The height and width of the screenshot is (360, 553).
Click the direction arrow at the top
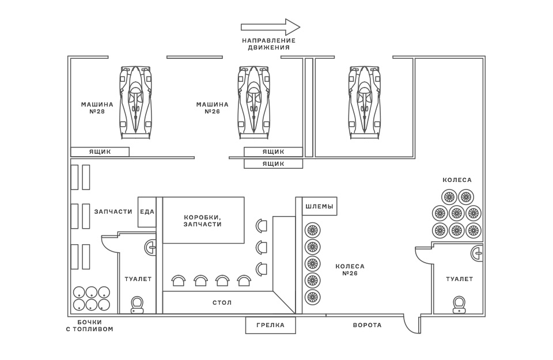click(x=270, y=26)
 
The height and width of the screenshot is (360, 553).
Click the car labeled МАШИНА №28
click(x=136, y=102)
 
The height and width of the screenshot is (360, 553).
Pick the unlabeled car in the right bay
click(x=365, y=102)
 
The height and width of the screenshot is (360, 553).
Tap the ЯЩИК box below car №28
click(x=100, y=152)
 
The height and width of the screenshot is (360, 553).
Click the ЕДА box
click(x=147, y=212)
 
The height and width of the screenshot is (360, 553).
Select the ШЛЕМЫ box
click(x=319, y=206)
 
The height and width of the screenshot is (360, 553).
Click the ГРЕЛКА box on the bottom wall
click(x=271, y=325)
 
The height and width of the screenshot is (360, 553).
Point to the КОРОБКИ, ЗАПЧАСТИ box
click(x=203, y=220)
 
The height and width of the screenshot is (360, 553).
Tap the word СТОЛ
click(x=222, y=302)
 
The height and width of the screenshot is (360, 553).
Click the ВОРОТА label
click(x=367, y=325)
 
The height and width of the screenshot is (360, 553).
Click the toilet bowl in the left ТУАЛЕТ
click(x=137, y=304)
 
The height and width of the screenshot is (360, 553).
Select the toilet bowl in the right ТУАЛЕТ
click(x=459, y=304)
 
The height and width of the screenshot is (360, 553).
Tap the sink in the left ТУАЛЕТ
click(x=151, y=248)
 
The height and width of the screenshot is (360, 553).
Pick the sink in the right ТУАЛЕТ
click(x=477, y=252)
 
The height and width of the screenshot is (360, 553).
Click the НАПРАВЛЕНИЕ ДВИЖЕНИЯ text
click(x=268, y=44)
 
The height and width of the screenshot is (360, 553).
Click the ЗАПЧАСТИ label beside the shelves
click(x=113, y=211)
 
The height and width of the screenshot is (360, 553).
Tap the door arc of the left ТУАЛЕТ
click(x=109, y=244)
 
